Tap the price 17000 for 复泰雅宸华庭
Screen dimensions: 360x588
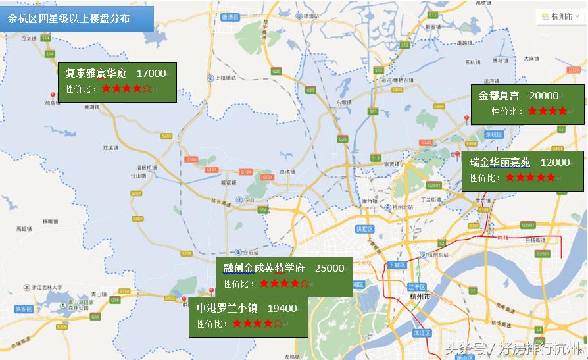coord(151,74)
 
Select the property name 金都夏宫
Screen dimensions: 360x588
coord(499,96)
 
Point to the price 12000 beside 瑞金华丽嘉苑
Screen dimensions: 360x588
coord(555,162)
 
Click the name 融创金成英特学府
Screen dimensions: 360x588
coord(264,269)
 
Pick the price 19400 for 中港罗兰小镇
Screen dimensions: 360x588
coord(282,307)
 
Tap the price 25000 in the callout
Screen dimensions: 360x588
coord(330,269)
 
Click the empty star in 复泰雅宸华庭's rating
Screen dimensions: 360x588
coord(147,88)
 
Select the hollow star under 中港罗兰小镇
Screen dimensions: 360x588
coord(278,323)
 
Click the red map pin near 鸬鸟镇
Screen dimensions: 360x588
coord(53,96)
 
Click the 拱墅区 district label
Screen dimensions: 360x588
coord(364,229)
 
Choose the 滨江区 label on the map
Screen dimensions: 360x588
coord(421,334)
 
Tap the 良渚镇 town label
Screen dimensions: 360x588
coord(287,172)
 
